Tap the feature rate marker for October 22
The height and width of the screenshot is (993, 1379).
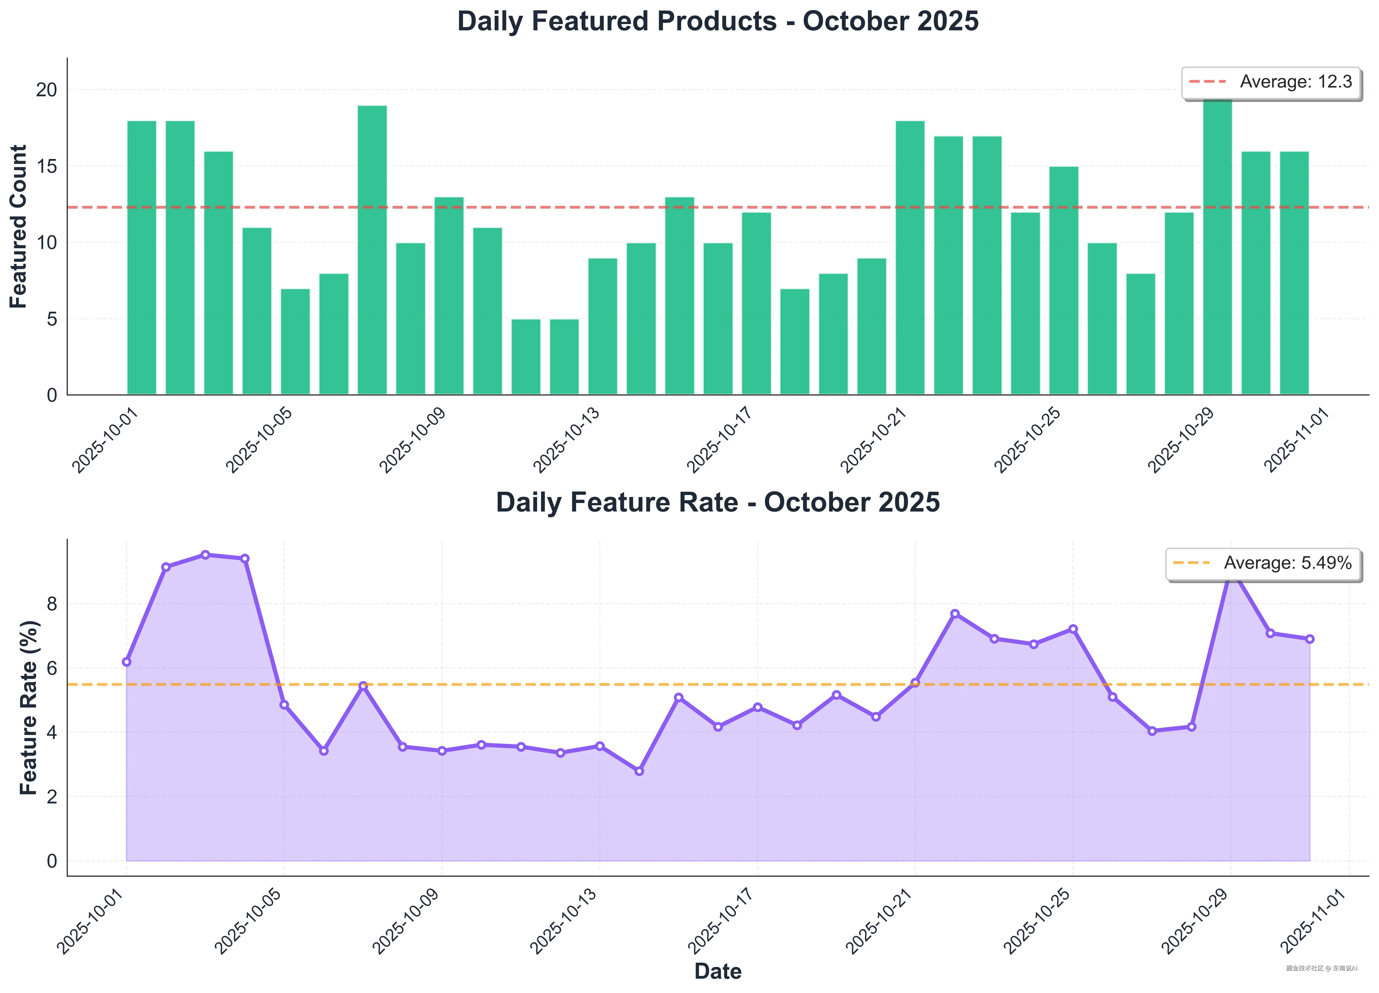(x=955, y=614)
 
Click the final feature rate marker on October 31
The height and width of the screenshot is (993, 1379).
(x=1310, y=639)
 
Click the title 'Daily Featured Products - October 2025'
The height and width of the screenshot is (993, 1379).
(x=717, y=21)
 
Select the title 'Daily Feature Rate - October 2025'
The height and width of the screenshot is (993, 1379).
(x=717, y=503)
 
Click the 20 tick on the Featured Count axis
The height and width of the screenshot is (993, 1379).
(x=46, y=90)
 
